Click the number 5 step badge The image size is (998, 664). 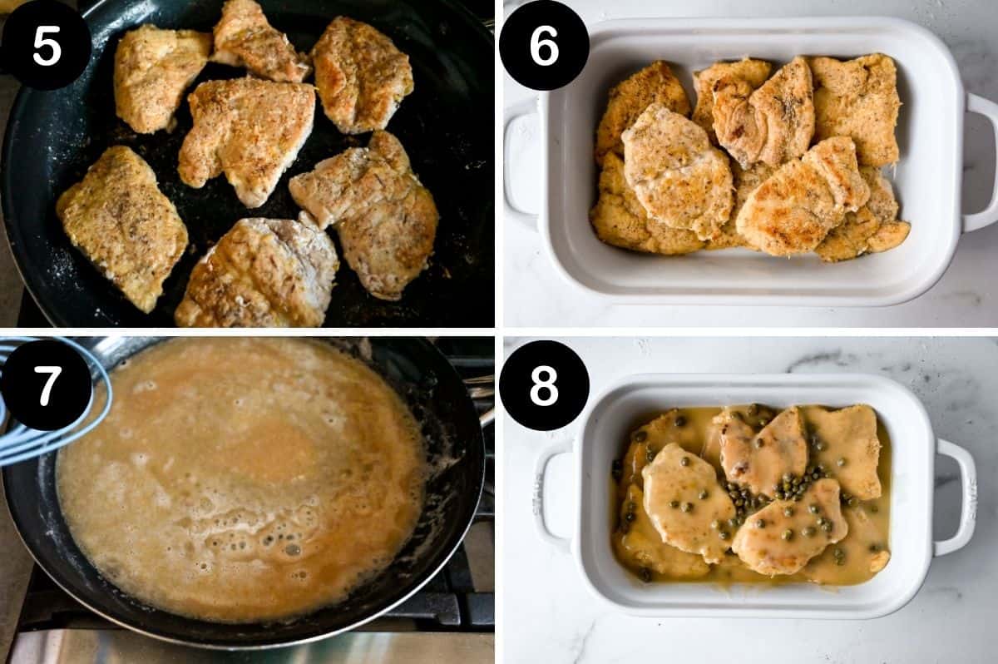click(46, 46)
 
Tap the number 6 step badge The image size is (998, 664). click(544, 46)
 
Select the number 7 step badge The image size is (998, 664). click(46, 385)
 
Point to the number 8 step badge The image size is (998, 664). click(544, 385)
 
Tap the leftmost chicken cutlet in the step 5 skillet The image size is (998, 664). click(122, 225)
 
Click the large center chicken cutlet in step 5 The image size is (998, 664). click(247, 137)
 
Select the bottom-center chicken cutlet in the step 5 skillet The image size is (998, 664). click(258, 275)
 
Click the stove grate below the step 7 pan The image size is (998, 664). click(449, 612)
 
